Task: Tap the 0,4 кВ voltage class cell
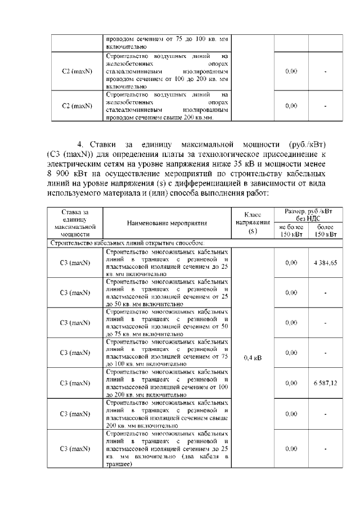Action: (253, 357)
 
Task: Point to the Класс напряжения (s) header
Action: (253, 223)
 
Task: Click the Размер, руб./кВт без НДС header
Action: (308, 214)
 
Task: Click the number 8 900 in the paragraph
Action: (56, 174)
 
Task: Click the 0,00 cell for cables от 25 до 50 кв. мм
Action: (291, 292)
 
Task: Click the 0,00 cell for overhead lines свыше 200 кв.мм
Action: (291, 106)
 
